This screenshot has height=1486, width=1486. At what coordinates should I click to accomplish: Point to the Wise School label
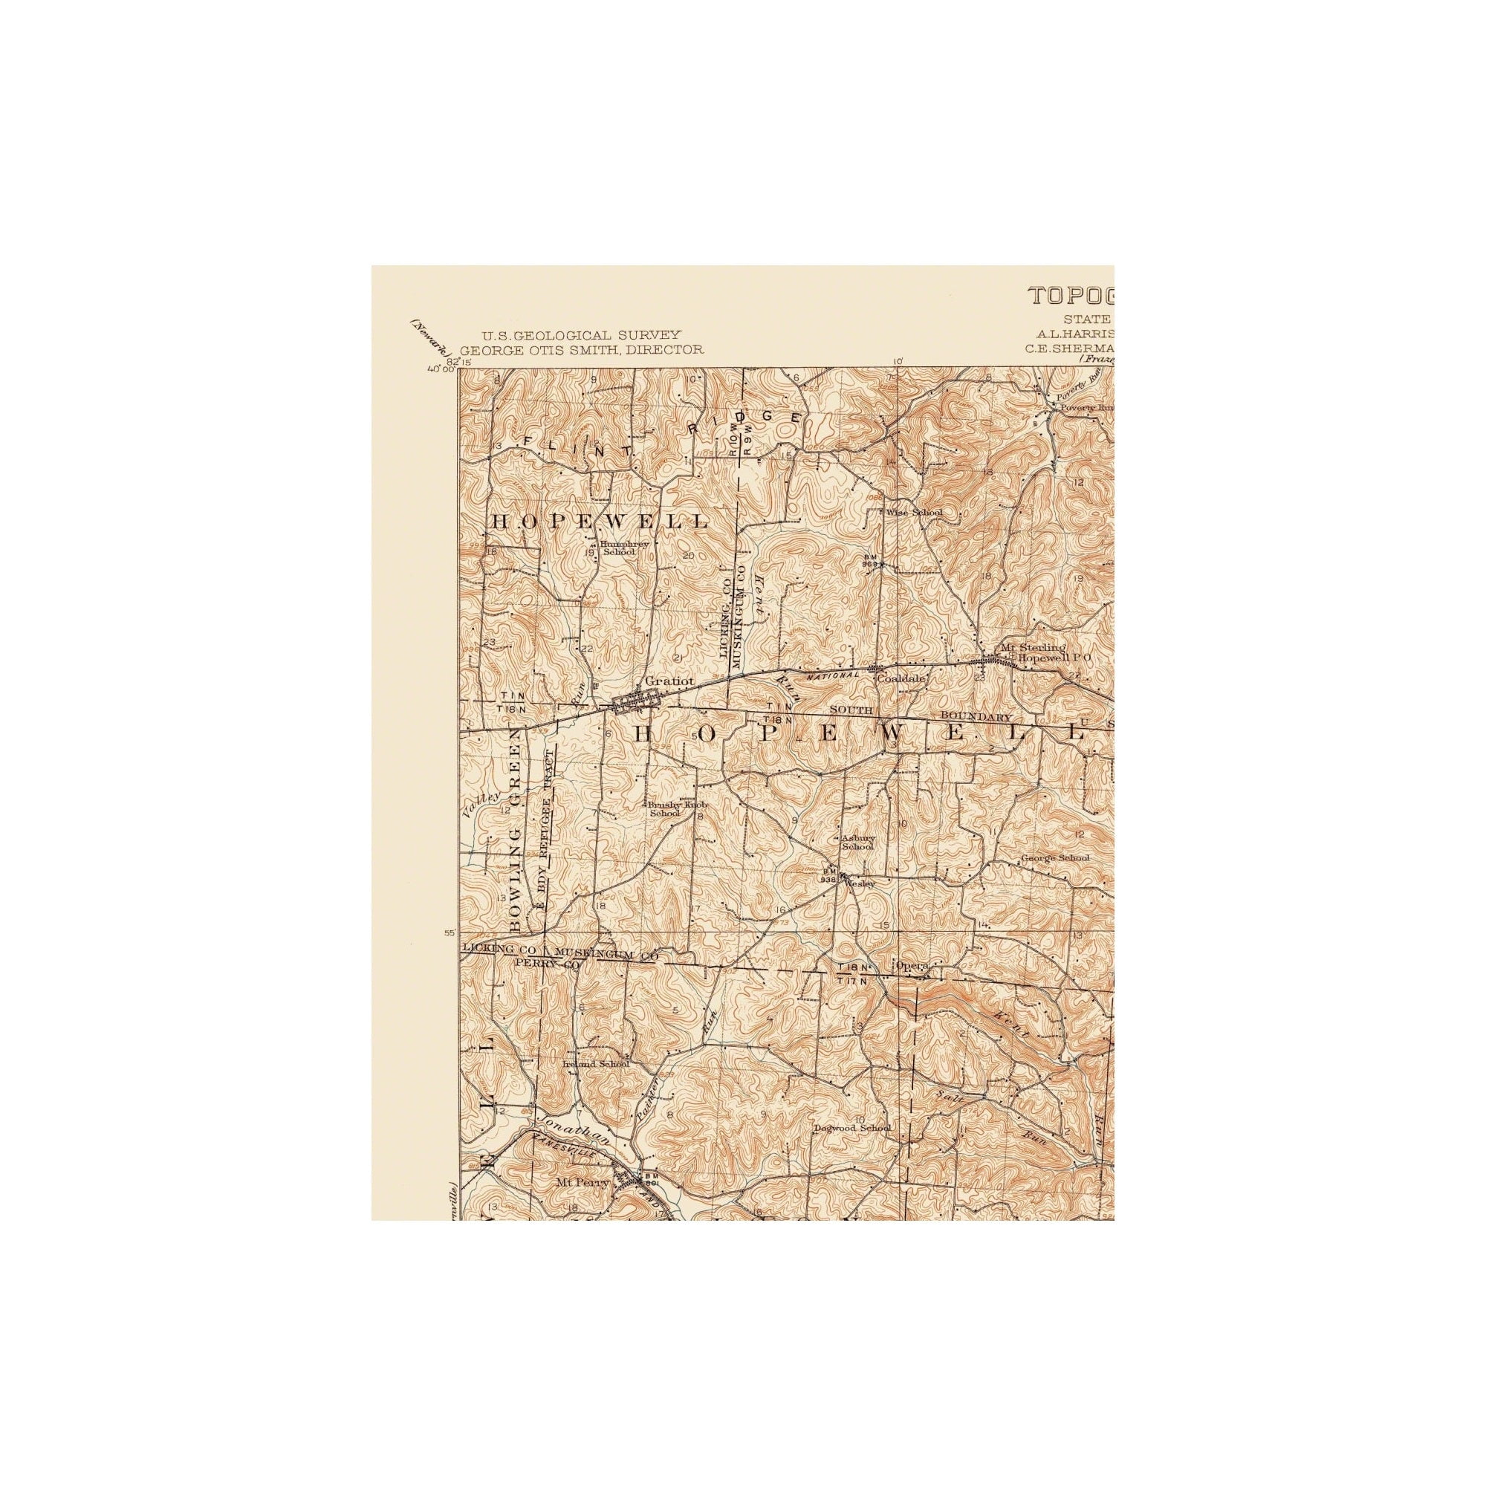(x=914, y=512)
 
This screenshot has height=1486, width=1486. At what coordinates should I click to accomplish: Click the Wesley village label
(x=860, y=884)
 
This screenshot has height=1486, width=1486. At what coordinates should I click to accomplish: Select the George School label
(x=1054, y=858)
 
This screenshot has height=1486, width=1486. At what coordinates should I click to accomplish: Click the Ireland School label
(x=595, y=1065)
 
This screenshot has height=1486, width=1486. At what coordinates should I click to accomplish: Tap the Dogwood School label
(x=852, y=1129)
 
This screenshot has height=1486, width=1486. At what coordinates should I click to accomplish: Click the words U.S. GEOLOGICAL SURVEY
(x=581, y=334)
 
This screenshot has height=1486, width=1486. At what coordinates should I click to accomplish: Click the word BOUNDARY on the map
(x=976, y=717)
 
